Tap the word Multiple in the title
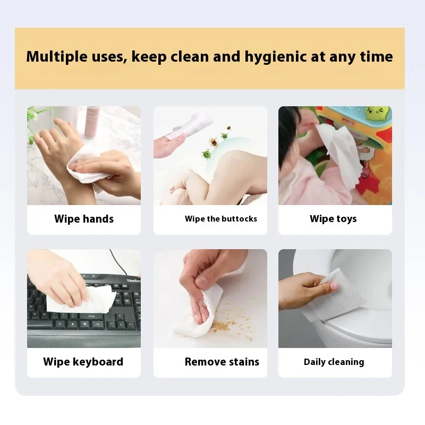[57, 56]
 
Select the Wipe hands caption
[84, 219]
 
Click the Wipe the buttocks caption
[221, 219]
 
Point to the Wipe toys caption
[333, 219]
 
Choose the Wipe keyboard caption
[83, 362]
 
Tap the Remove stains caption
[222, 362]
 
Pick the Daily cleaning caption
[334, 362]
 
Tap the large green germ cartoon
[207, 155]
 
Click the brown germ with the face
[214, 142]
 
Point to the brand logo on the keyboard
[133, 280]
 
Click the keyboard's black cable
[118, 262]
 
